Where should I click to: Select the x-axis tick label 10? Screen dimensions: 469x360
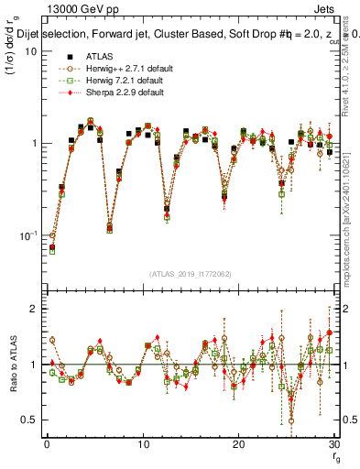pyautogui.click(x=142, y=444)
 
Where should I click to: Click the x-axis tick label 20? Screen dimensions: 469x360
pyautogui.click(x=238, y=444)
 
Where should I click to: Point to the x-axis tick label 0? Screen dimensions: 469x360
pyautogui.click(x=47, y=444)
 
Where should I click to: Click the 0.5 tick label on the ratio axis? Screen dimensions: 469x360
pyautogui.click(x=28, y=420)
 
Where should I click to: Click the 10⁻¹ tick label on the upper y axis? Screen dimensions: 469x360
pyautogui.click(x=27, y=236)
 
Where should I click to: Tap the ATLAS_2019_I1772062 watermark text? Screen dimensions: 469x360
pyautogui.click(x=190, y=274)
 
